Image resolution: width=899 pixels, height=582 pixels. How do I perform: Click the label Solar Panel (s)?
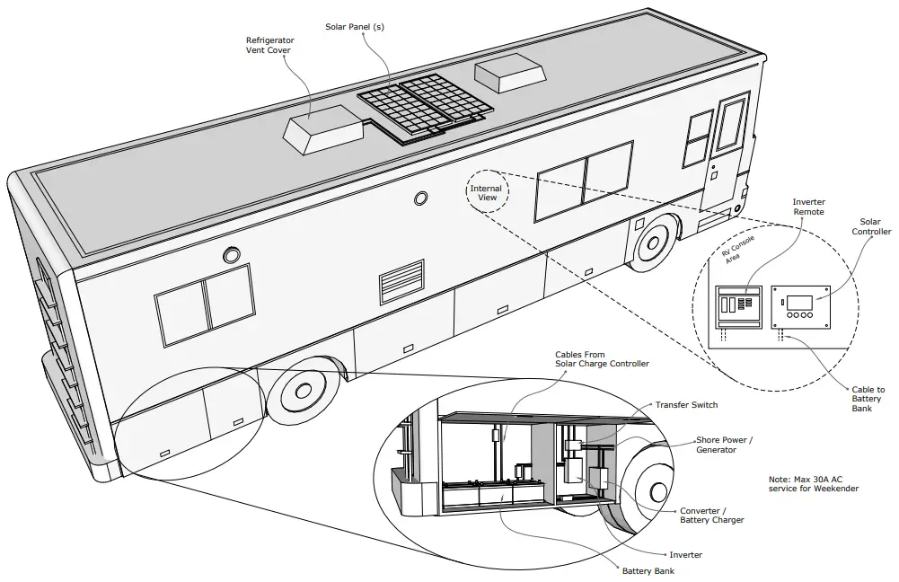point(355,27)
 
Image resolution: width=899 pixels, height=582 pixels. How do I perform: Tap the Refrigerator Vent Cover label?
point(270,46)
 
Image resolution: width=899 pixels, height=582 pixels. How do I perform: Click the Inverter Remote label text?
point(809,208)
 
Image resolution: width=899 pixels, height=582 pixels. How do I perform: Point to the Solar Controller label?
point(870,226)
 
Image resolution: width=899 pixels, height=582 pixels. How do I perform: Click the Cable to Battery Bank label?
point(868,399)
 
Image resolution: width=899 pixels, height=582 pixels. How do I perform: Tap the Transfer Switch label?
point(686,405)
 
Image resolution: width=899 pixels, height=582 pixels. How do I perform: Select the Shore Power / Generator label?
point(725,445)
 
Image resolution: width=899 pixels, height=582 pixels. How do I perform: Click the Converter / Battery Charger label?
point(711,516)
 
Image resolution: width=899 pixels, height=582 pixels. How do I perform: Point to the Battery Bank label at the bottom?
point(648,570)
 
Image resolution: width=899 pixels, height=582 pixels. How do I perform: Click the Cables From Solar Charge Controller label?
point(602,359)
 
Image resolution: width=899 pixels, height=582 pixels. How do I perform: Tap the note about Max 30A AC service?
point(814,483)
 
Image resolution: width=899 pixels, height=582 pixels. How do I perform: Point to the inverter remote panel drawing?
point(737,309)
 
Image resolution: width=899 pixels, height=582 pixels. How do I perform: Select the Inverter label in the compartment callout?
point(686,554)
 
